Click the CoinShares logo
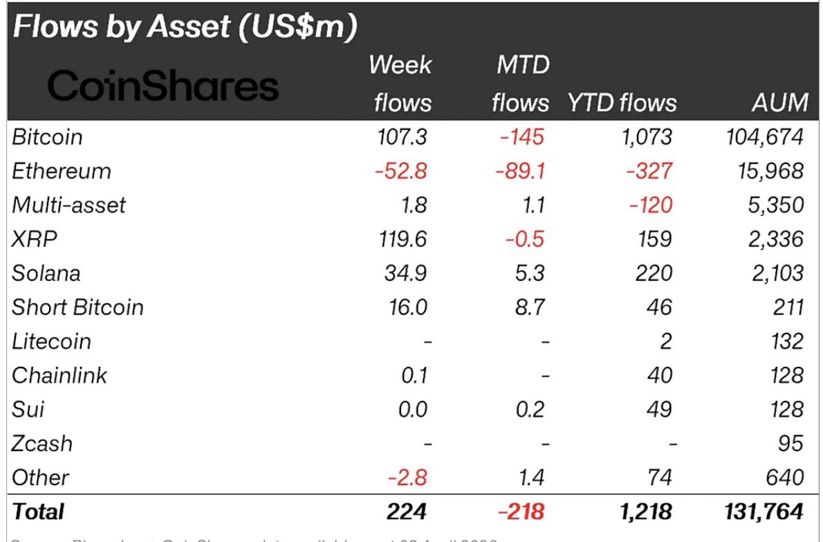(163, 87)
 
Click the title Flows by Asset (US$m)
(185, 27)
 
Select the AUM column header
(779, 103)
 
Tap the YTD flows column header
(622, 103)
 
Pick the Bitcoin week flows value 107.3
(402, 136)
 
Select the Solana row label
(46, 273)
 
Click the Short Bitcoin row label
(77, 307)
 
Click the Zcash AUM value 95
(789, 443)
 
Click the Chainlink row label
(59, 375)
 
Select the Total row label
(38, 512)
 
